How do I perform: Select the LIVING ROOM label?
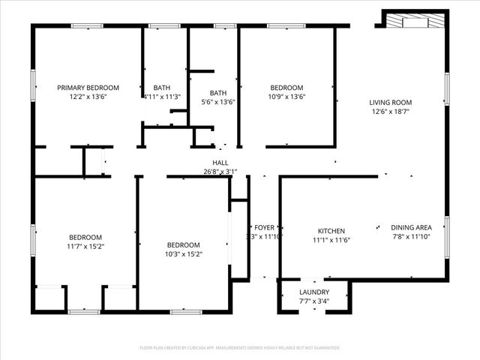coord(390,102)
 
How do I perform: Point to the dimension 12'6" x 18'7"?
coord(390,112)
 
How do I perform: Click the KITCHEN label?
coord(331,231)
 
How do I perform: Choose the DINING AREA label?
coord(411,228)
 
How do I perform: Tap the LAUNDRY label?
coord(313,292)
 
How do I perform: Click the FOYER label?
coord(264,227)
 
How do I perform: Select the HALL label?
coord(220,163)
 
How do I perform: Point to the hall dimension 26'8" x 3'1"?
coord(220,172)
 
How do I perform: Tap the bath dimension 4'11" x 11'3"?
coord(161,97)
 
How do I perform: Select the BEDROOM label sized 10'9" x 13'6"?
coord(286,88)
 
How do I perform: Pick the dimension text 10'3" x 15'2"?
coord(183,254)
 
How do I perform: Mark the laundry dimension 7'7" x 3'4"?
coord(313,301)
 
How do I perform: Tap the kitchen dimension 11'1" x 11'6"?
coord(331,240)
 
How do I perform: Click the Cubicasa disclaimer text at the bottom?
coord(240,348)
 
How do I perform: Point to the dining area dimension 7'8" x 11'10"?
coord(411,237)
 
